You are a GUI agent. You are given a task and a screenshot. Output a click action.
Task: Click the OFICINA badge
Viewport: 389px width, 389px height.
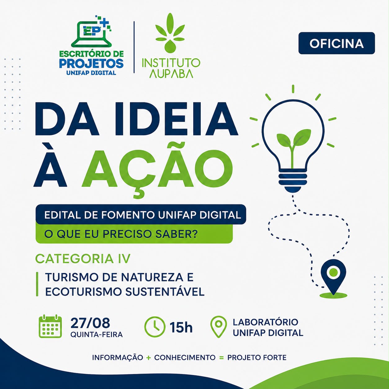click(x=337, y=43)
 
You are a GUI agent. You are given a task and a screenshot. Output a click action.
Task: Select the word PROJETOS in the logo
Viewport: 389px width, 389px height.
click(x=91, y=64)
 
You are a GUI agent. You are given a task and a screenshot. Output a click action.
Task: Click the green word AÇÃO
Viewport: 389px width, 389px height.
click(x=157, y=170)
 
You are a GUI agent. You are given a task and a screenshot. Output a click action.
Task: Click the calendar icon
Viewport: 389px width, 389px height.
click(x=50, y=326)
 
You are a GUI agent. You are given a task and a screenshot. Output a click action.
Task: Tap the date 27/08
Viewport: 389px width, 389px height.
click(x=90, y=323)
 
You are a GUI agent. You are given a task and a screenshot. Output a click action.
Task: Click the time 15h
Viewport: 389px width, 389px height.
click(x=181, y=327)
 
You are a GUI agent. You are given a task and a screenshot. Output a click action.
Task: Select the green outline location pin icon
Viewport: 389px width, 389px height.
click(x=219, y=326)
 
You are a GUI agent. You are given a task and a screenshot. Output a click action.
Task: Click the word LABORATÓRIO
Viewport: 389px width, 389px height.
click(x=265, y=322)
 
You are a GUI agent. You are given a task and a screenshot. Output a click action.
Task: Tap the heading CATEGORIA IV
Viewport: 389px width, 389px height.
click(x=83, y=259)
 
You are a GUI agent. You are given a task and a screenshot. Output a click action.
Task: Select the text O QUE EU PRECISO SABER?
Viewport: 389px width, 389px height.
click(x=121, y=234)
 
